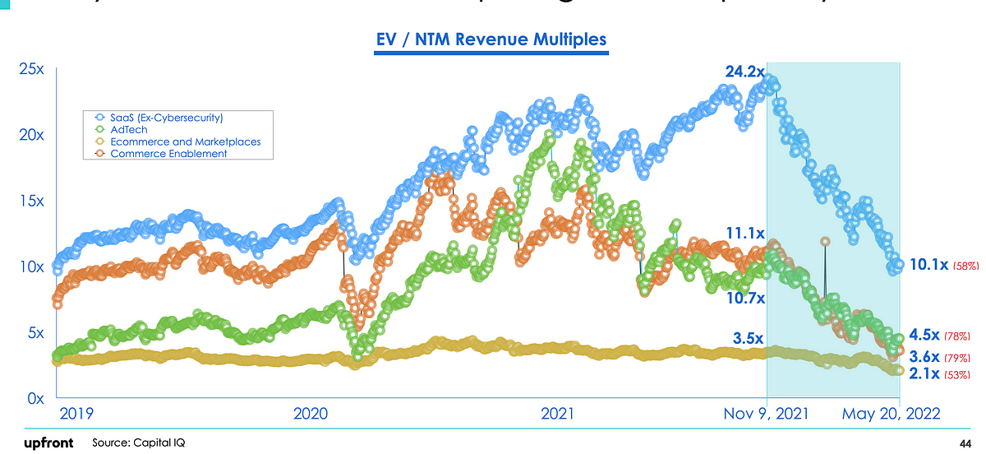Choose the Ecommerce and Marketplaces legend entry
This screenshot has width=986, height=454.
(185, 141)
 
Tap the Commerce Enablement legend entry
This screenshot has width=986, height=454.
(168, 154)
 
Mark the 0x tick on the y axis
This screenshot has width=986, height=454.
(35, 399)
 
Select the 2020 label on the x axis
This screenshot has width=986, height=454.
(310, 413)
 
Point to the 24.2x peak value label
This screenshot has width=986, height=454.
(744, 72)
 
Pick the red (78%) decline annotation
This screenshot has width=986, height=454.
(958, 336)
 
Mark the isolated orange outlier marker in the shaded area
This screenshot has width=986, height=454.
(825, 242)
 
